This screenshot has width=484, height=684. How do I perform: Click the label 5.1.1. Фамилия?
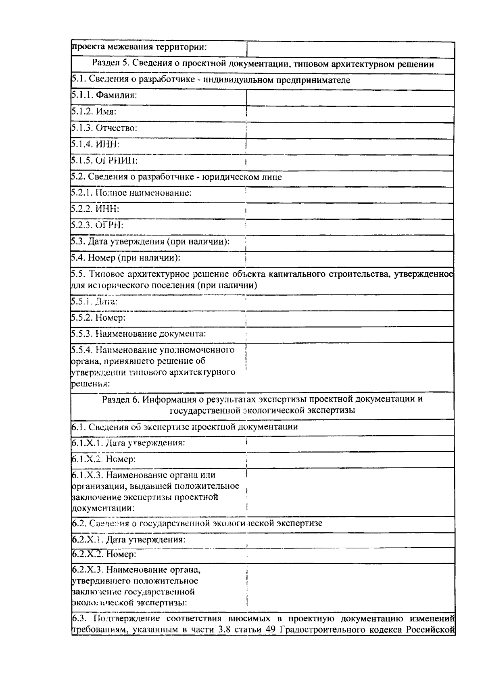104,96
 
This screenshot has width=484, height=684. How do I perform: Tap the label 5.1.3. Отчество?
104,128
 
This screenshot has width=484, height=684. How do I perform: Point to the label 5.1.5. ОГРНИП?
104,161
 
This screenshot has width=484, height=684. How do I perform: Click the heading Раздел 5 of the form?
263,64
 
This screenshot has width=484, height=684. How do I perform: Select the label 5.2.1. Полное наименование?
131,193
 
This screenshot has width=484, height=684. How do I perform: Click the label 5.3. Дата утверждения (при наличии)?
150,242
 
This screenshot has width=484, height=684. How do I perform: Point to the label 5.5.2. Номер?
98,318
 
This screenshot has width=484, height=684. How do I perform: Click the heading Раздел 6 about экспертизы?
263,405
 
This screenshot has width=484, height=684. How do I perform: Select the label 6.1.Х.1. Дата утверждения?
128,443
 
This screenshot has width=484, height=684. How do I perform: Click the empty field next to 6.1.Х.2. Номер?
350,460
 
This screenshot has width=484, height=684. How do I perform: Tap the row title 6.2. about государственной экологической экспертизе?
197,523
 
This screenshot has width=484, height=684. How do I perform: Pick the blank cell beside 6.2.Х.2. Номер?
350,555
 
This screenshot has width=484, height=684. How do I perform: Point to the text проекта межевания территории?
139,47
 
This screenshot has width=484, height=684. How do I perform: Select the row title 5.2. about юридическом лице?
176,177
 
